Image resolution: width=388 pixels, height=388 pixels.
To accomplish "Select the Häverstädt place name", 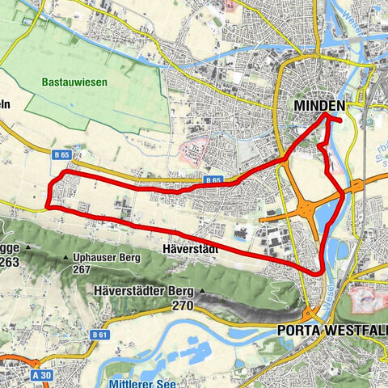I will pyautogui.click(x=196, y=249).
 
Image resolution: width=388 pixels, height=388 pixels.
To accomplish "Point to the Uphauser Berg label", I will pyautogui.click(x=106, y=259).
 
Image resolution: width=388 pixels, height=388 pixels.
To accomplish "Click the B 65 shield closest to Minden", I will pyautogui.click(x=213, y=180).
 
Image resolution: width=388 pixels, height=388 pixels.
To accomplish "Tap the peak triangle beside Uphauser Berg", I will pyautogui.click(x=65, y=259).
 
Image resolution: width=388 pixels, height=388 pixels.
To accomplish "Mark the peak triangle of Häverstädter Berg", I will pyautogui.click(x=202, y=291).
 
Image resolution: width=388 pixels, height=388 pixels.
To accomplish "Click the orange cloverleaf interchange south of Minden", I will pyautogui.click(x=307, y=209).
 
